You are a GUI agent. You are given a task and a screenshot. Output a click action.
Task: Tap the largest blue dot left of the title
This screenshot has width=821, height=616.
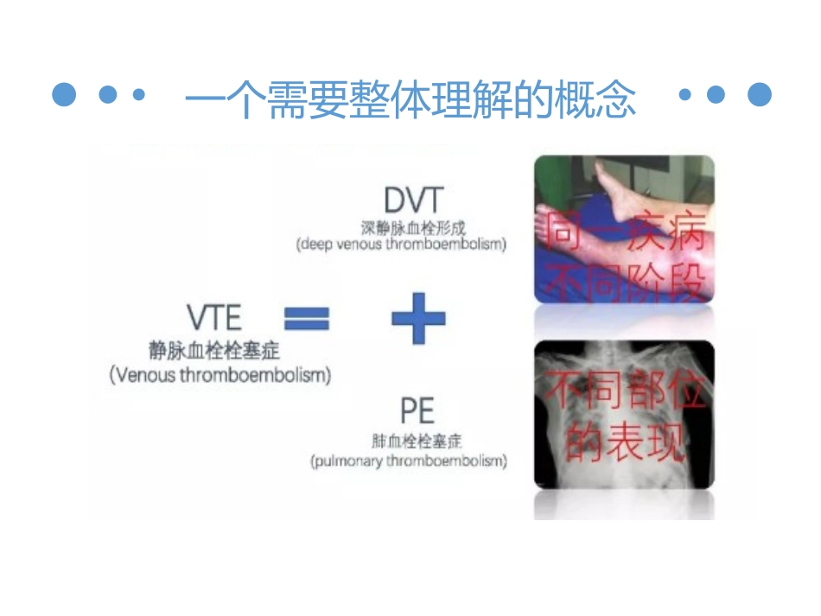coord(65,94)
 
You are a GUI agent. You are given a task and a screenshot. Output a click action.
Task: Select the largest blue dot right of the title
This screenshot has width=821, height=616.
coord(759,94)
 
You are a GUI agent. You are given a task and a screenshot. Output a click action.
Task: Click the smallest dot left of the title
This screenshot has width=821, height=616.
coord(138,95)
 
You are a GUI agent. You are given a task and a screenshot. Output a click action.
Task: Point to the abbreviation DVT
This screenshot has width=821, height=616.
coord(413,201)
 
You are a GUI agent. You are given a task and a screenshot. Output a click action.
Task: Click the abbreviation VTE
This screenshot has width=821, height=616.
coord(214,318)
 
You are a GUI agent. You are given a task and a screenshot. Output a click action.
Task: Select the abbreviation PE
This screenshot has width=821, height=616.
coord(417,409)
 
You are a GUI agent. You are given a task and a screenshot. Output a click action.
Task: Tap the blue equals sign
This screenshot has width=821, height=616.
coord(307,320)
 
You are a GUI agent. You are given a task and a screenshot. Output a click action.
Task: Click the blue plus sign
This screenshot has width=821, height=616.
coord(418,318)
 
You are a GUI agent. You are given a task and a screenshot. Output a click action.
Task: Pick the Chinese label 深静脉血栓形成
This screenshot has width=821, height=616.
coord(413,228)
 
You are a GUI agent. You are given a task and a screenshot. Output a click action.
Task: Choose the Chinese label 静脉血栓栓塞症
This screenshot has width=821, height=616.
coord(214,350)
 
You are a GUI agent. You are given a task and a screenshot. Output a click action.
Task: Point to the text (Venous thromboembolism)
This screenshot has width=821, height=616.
coord(220,376)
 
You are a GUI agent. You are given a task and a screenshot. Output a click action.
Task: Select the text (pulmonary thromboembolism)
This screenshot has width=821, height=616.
coord(409,461)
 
